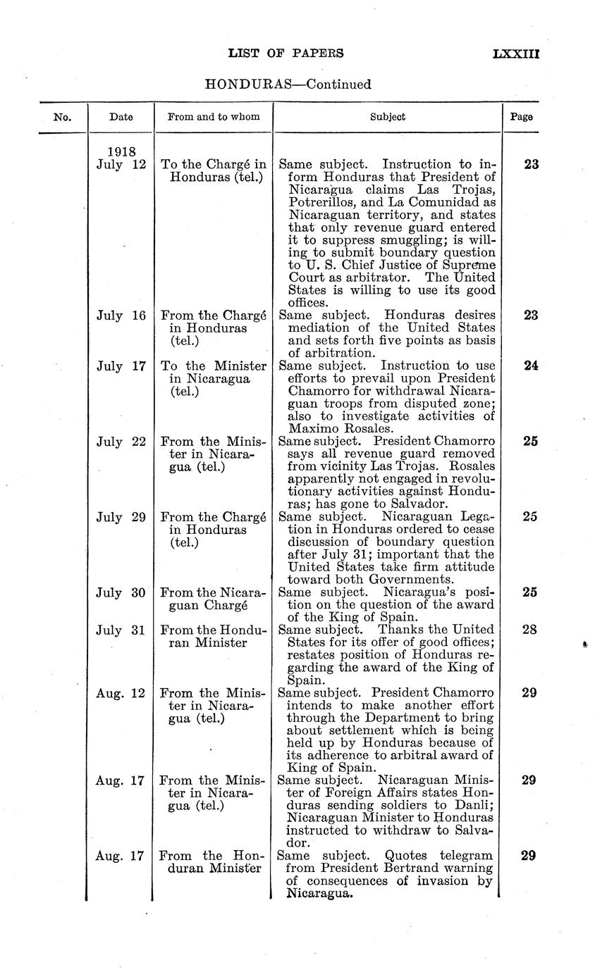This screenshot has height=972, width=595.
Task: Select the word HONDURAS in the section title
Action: [x=243, y=85]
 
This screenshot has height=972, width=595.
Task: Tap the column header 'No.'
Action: [x=63, y=118]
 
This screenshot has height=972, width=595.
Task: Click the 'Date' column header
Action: [x=121, y=118]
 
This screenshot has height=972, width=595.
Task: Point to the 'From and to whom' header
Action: [x=213, y=118]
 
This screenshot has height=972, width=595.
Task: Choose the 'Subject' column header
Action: [x=388, y=118]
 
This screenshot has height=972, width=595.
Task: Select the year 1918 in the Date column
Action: [x=121, y=151]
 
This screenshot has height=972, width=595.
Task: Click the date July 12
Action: [x=121, y=164]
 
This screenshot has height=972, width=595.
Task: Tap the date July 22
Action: [x=121, y=442]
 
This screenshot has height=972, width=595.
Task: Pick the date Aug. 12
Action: [x=121, y=693]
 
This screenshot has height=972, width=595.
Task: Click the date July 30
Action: [x=121, y=592]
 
